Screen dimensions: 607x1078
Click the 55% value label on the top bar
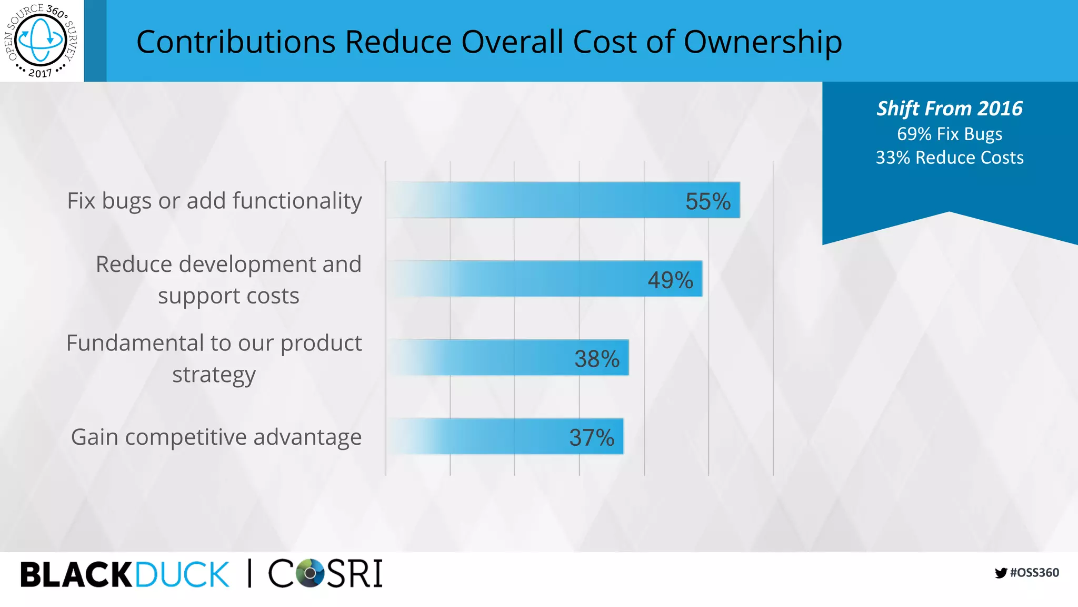pyautogui.click(x=707, y=201)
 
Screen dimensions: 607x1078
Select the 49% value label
pyautogui.click(x=670, y=280)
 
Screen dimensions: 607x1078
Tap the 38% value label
pyautogui.click(x=596, y=359)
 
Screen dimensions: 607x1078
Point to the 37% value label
pyautogui.click(x=591, y=438)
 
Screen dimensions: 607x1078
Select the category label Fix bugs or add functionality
pyautogui.click(x=214, y=201)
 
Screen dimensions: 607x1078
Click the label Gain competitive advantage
pyautogui.click(x=216, y=437)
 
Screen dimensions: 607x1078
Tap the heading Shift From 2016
pyautogui.click(x=949, y=109)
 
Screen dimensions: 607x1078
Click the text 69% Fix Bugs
pyautogui.click(x=949, y=134)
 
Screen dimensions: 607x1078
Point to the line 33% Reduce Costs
pyautogui.click(x=949, y=158)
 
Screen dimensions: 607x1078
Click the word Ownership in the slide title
pyautogui.click(x=762, y=42)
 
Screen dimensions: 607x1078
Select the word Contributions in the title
pyautogui.click(x=236, y=42)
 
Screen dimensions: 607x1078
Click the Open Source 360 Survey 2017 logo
pyautogui.click(x=41, y=41)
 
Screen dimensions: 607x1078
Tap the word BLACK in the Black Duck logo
pyautogui.click(x=76, y=574)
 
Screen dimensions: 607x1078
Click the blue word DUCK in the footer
pyautogui.click(x=182, y=574)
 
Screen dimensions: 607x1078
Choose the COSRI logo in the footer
pyautogui.click(x=325, y=573)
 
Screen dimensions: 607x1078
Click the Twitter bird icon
pyautogui.click(x=1001, y=573)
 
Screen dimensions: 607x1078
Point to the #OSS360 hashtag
pyautogui.click(x=1034, y=573)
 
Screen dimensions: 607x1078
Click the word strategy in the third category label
pyautogui.click(x=214, y=375)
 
